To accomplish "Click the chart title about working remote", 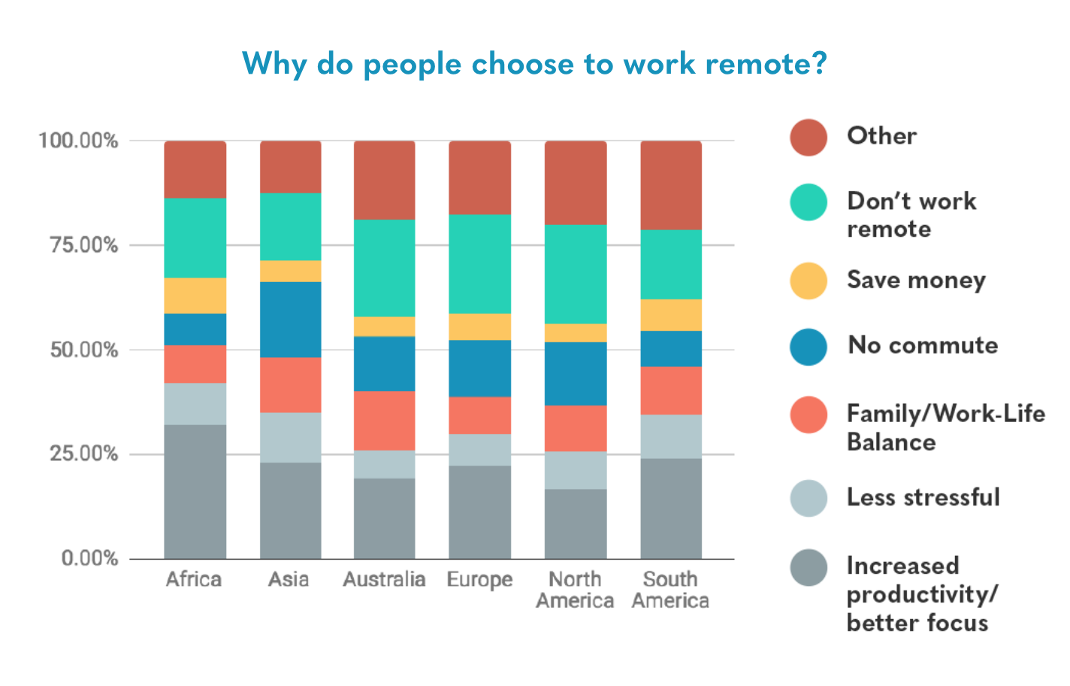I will [534, 64].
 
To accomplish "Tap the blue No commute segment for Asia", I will [290, 319].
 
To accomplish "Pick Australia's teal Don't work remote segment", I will [384, 267].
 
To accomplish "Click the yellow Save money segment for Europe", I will [479, 326].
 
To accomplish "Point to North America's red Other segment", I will [575, 182].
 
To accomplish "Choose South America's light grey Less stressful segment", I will [670, 436].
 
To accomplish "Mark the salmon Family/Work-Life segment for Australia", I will [384, 420].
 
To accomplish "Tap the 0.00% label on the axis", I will [89, 558].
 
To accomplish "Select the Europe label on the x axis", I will [479, 580].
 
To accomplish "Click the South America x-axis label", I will [670, 590].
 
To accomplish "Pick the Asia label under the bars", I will [289, 579].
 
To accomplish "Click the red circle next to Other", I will [809, 137].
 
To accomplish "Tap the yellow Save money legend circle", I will [809, 281].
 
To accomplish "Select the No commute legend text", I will [923, 345].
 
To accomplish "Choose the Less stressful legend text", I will [923, 497].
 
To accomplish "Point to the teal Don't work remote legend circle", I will [809, 202].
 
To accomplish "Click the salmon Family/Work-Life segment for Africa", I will [195, 364].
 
